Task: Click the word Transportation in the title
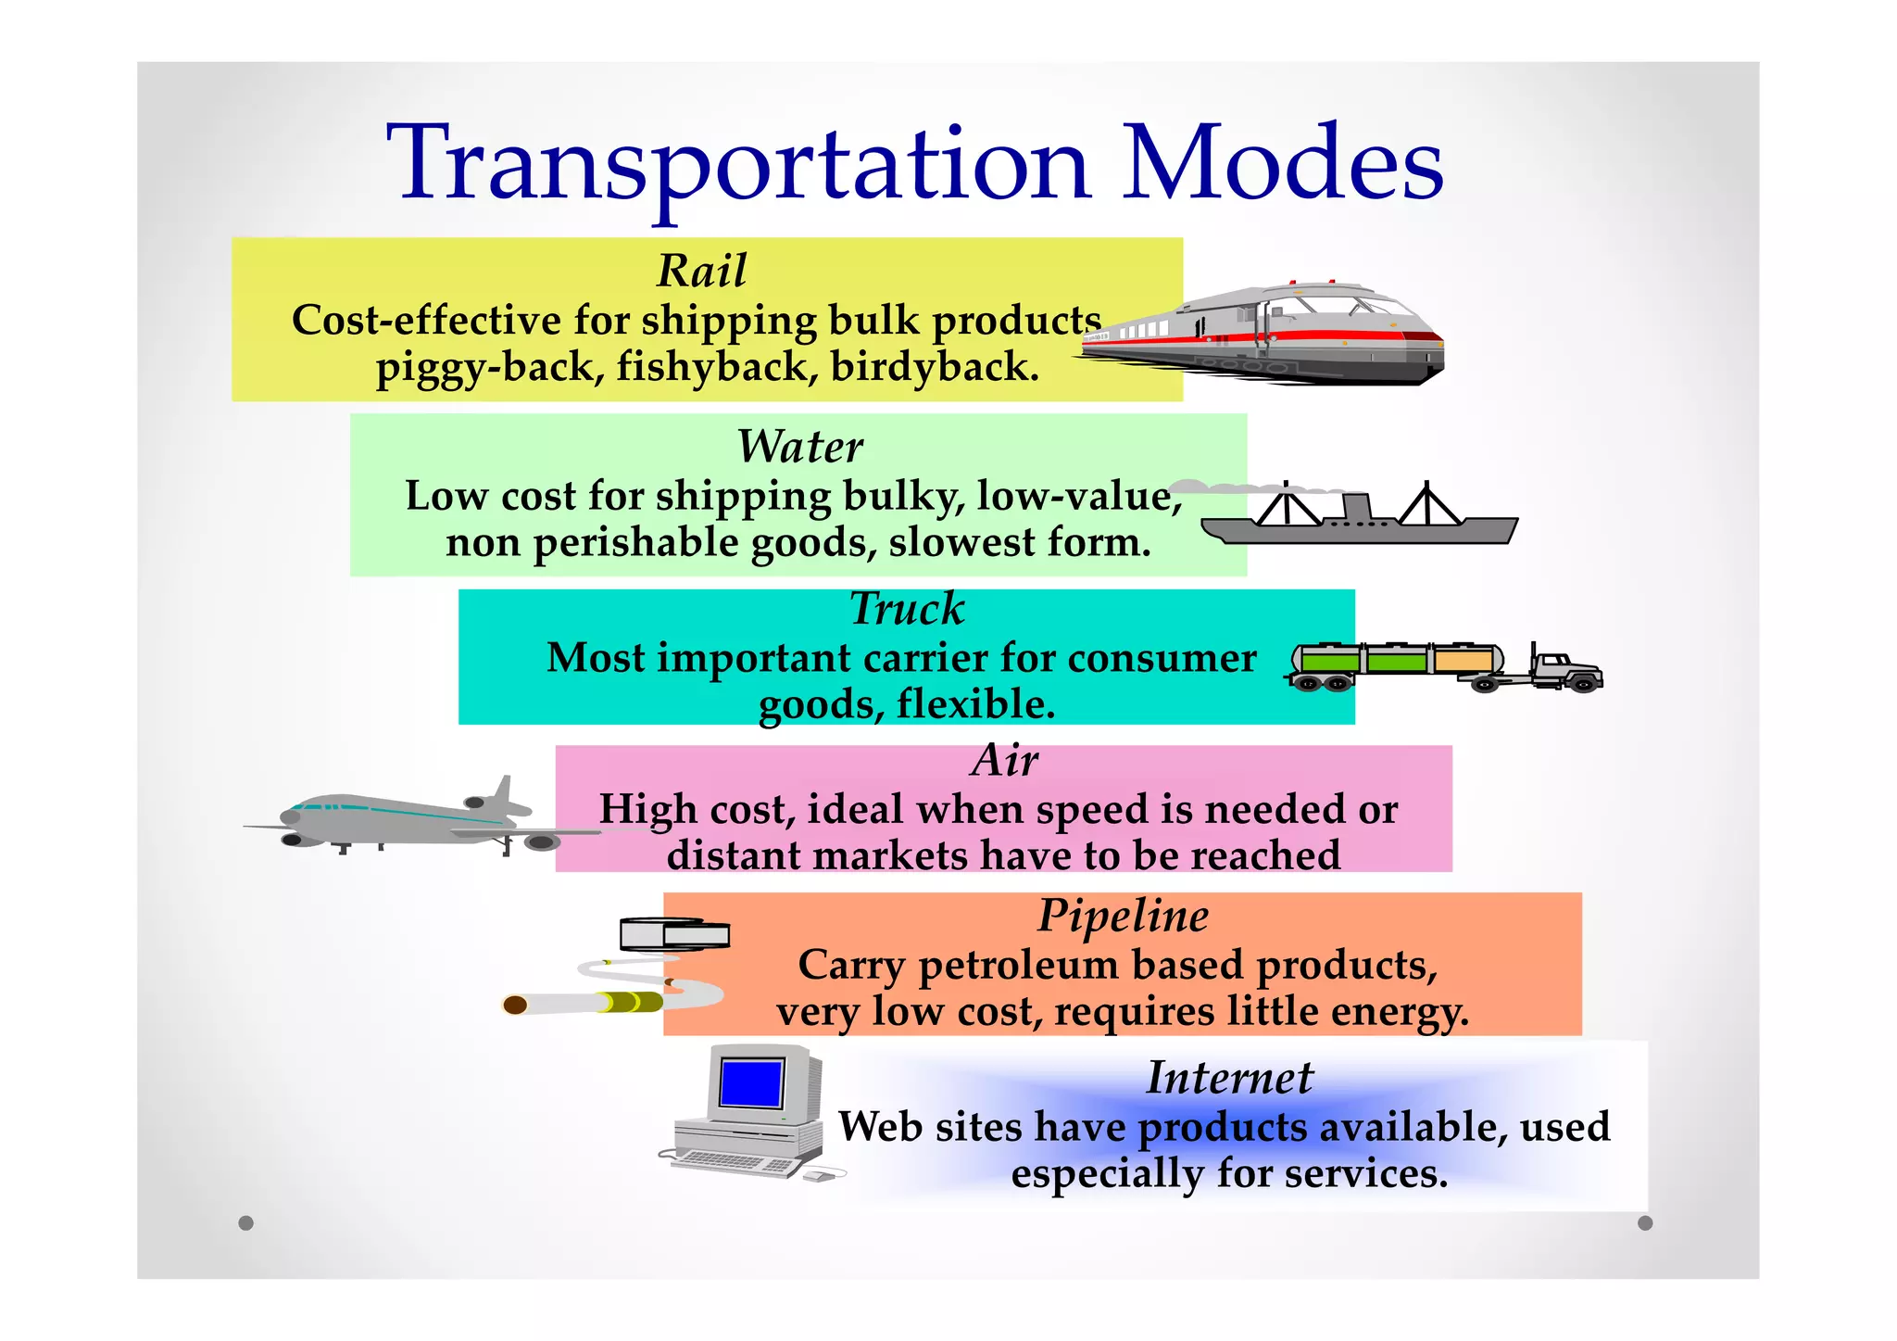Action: [x=737, y=165]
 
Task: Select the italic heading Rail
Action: [x=701, y=271]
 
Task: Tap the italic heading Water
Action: [x=799, y=447]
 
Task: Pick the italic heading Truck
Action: [x=907, y=609]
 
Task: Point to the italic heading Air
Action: [x=1004, y=761]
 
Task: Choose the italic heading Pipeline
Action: [x=1123, y=916]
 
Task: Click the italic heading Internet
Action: [x=1229, y=1077]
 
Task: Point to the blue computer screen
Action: [x=751, y=1083]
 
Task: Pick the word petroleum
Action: [x=1018, y=966]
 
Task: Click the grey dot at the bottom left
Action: [x=245, y=1222]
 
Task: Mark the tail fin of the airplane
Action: [x=503, y=793]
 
